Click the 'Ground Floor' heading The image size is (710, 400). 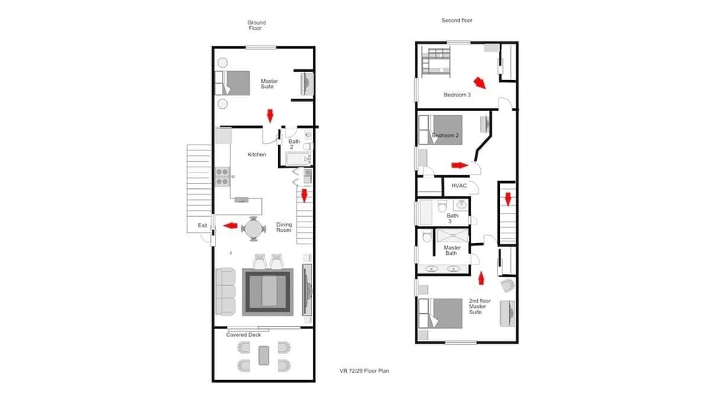click(256, 25)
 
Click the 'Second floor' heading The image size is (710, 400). click(457, 21)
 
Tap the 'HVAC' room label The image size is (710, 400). click(459, 185)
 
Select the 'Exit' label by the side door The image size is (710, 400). click(202, 225)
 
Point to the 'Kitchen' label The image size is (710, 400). click(257, 154)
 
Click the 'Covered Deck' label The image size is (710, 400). click(244, 335)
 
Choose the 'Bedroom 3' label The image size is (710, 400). click(457, 94)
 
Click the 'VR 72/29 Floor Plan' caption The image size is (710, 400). click(364, 370)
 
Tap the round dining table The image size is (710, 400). click(254, 228)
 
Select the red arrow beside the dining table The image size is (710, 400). click(230, 225)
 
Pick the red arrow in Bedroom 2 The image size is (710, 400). click(458, 165)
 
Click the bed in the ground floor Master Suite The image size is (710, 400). click(234, 81)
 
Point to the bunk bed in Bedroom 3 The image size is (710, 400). click(436, 61)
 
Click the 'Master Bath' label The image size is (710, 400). click(452, 252)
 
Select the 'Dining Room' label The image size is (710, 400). click(285, 228)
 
